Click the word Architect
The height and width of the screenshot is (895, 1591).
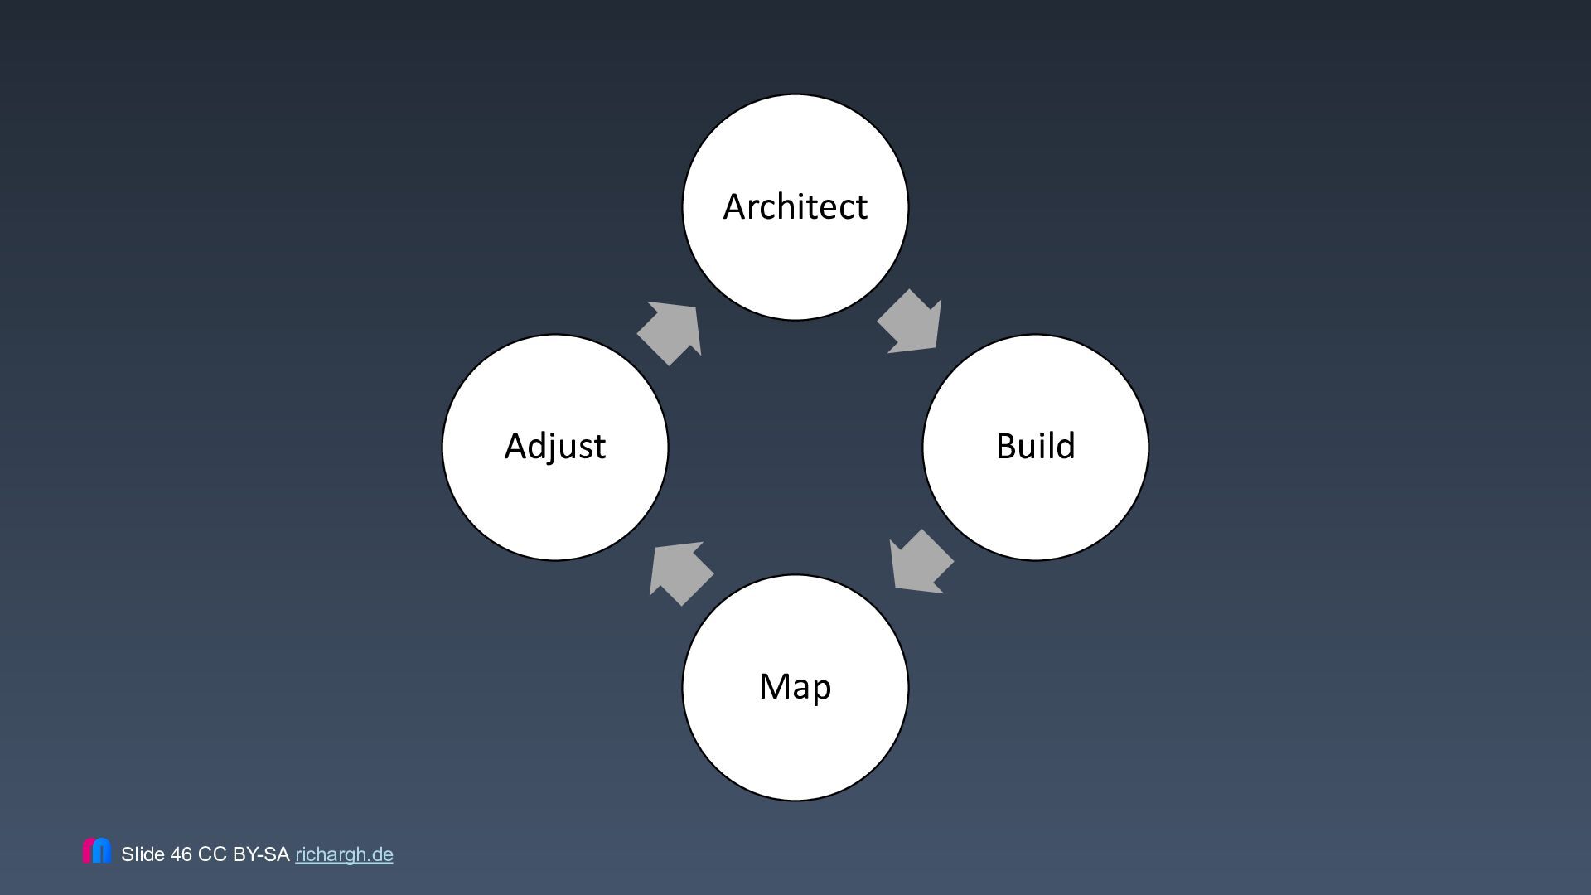pyautogui.click(x=795, y=206)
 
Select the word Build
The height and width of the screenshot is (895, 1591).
pyautogui.click(x=1035, y=447)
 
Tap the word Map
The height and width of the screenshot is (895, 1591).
pyautogui.click(x=795, y=687)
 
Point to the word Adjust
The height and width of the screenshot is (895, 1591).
pyautogui.click(x=554, y=447)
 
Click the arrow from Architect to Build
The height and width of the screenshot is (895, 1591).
pyautogui.click(x=912, y=323)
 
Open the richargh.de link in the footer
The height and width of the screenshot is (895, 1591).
pyautogui.click(x=344, y=854)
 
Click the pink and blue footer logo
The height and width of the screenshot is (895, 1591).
pyautogui.click(x=97, y=851)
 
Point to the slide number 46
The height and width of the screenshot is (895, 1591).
pyautogui.click(x=181, y=854)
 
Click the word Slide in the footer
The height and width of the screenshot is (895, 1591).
pyautogui.click(x=143, y=854)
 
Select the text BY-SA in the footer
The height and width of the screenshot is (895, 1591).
pyautogui.click(x=261, y=854)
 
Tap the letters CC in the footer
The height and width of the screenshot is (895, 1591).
pyautogui.click(x=212, y=854)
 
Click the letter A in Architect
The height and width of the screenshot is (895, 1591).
pyautogui.click(x=735, y=207)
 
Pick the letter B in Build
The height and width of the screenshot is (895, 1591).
pyautogui.click(x=1007, y=447)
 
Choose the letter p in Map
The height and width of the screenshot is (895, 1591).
pyautogui.click(x=821, y=691)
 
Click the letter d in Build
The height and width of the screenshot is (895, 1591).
pyautogui.click(x=1066, y=446)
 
